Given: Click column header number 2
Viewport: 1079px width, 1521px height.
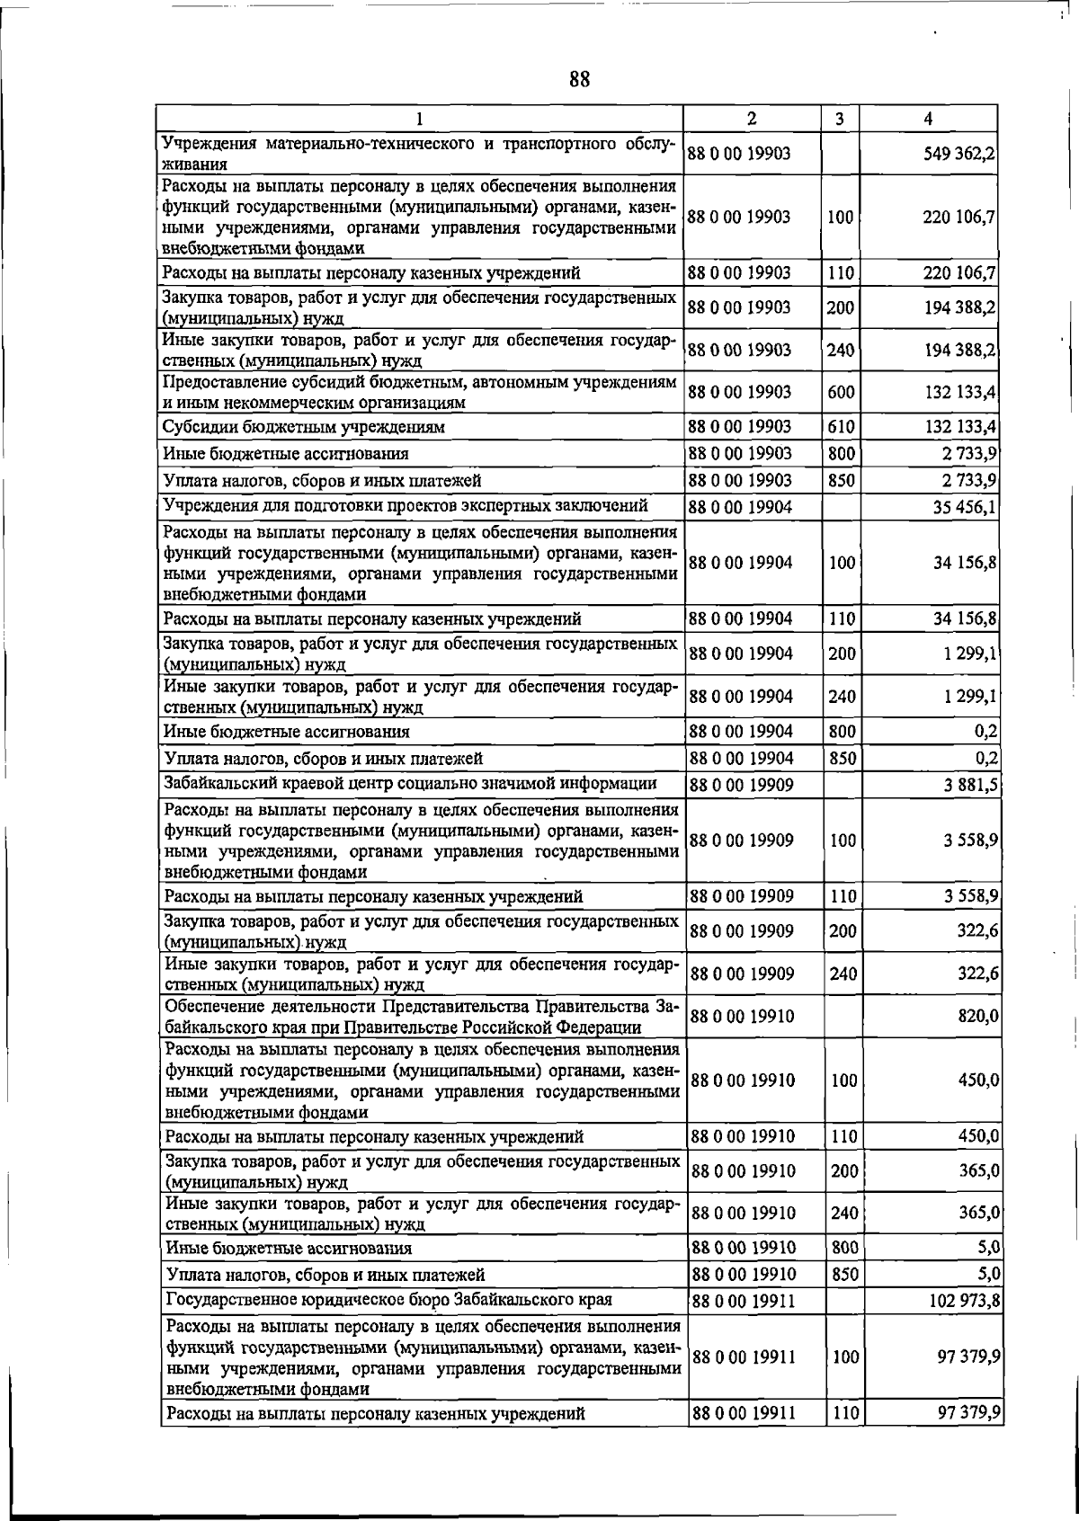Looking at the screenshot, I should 751,118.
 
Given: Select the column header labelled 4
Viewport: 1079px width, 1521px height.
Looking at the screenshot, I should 928,118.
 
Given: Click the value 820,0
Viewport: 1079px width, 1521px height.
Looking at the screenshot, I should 979,1016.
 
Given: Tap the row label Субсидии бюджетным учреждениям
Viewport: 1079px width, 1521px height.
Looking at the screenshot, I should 304,426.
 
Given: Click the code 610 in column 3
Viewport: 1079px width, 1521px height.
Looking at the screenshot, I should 841,426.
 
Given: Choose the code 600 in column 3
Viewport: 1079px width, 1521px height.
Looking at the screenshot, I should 841,393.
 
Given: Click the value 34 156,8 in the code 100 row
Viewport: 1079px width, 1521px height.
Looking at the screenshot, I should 964,563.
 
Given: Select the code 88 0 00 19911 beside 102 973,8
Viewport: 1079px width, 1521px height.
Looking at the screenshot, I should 742,1301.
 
